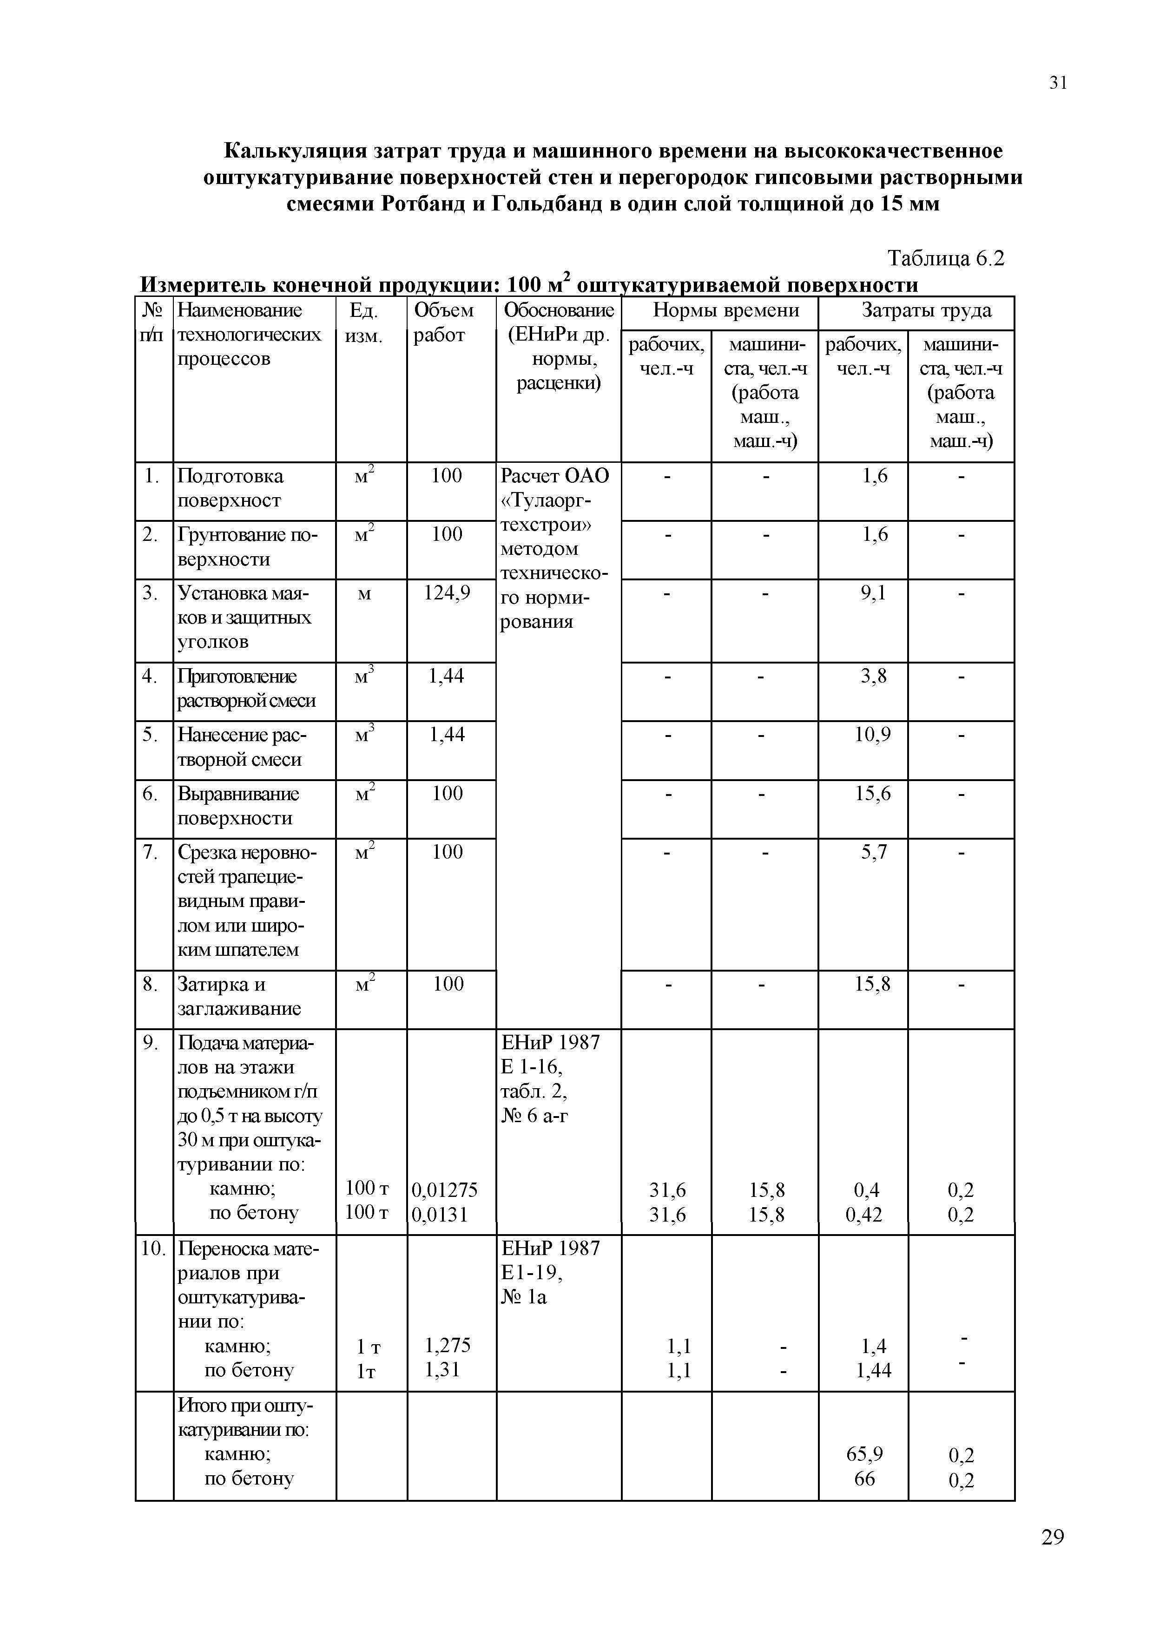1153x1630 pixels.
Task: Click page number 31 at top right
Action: click(x=1057, y=83)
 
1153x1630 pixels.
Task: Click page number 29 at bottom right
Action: click(x=1052, y=1557)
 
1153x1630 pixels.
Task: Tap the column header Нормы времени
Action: click(x=725, y=310)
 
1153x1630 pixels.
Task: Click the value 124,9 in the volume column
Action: click(x=447, y=592)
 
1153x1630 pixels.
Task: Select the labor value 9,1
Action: click(x=873, y=592)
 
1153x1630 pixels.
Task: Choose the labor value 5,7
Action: click(x=873, y=851)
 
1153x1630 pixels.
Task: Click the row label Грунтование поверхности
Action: click(x=247, y=546)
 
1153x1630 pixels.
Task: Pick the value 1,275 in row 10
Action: click(x=447, y=1345)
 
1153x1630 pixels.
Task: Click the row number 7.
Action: click(x=149, y=851)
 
